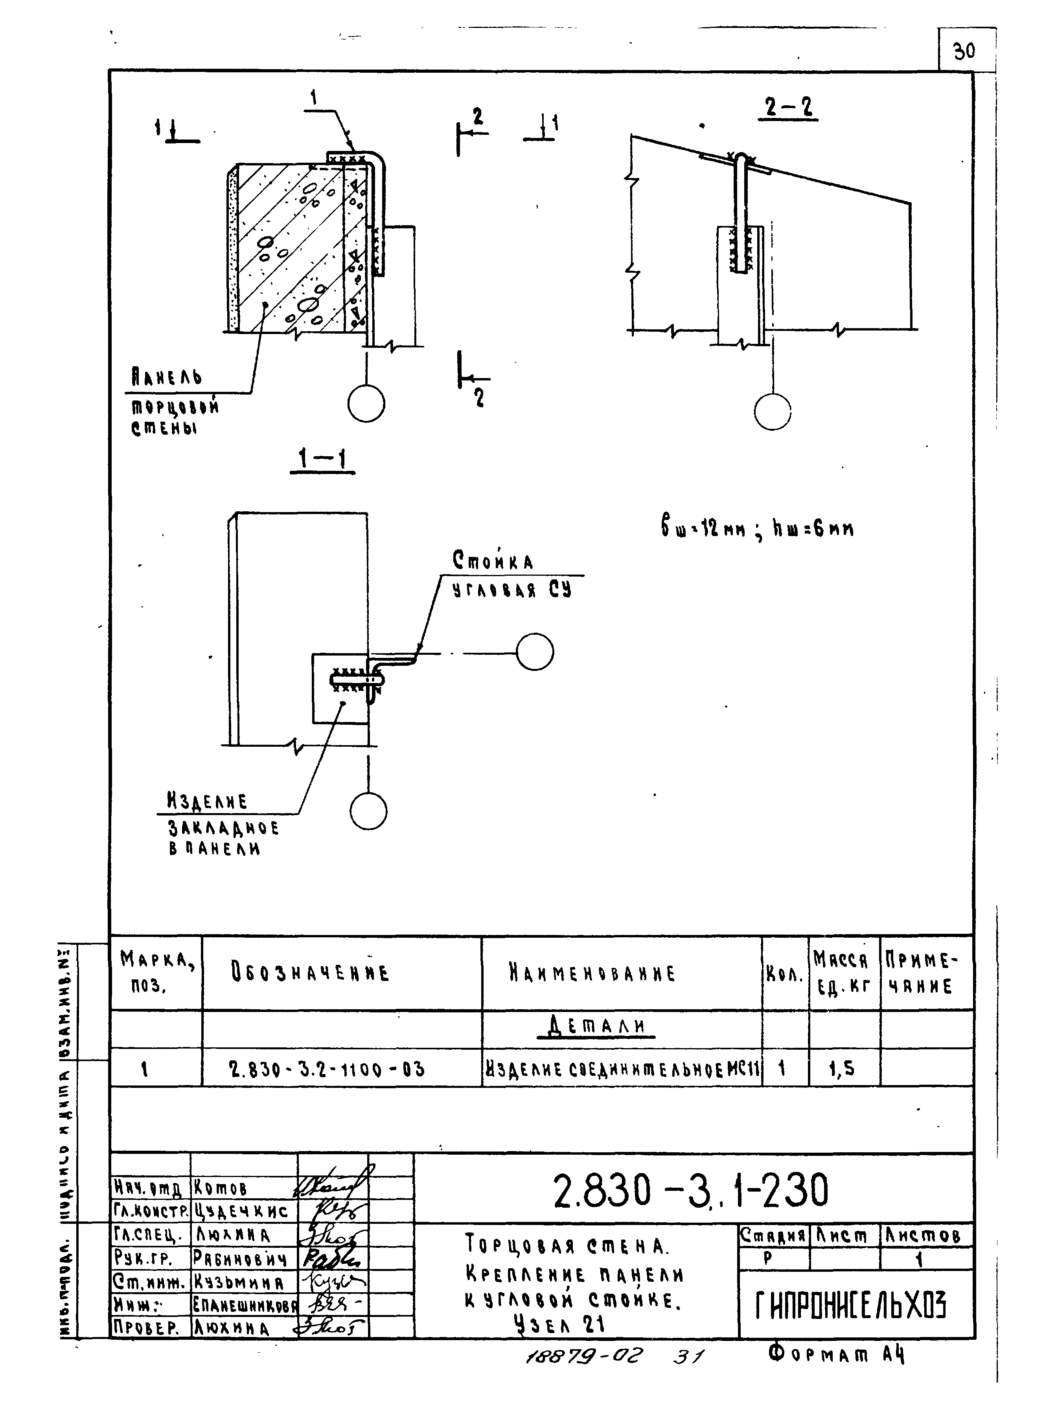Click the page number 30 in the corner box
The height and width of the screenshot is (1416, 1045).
pyautogui.click(x=965, y=51)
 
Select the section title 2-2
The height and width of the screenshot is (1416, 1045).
pyautogui.click(x=787, y=107)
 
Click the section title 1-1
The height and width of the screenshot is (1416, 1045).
pyautogui.click(x=323, y=459)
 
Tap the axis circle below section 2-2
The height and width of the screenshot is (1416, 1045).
pyautogui.click(x=773, y=411)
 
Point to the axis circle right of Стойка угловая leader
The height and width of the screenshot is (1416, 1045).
pyautogui.click(x=535, y=652)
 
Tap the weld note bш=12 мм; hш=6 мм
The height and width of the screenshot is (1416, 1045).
pyautogui.click(x=756, y=527)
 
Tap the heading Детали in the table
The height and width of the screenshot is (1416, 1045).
pyautogui.click(x=596, y=1025)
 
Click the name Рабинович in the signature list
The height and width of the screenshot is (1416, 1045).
pyautogui.click(x=240, y=1258)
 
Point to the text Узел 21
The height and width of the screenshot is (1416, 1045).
pyautogui.click(x=559, y=1323)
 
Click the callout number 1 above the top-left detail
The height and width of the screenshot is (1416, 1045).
pyautogui.click(x=315, y=97)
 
